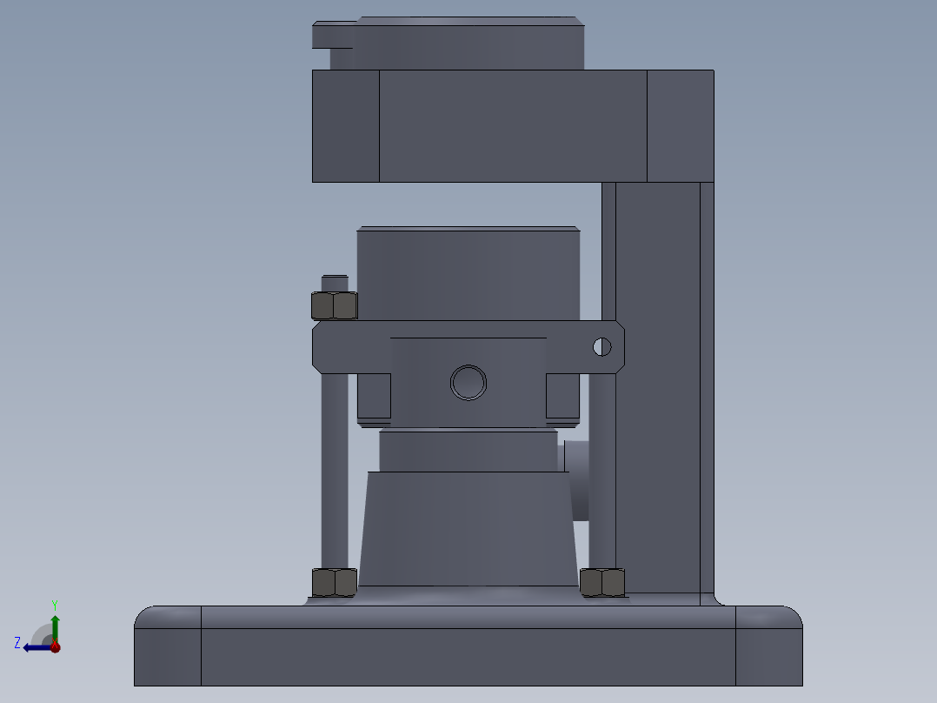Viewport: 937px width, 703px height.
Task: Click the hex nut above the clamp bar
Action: click(334, 305)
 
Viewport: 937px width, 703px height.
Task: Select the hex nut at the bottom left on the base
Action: click(334, 582)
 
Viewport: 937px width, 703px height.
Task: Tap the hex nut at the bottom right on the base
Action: click(602, 582)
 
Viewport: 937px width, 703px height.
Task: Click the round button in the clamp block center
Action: click(468, 382)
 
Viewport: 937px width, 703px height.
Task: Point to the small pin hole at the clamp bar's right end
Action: click(601, 347)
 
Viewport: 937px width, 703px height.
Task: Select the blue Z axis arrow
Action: click(35, 647)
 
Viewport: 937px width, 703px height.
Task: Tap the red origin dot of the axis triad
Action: click(55, 646)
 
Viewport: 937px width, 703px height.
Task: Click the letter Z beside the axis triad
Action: click(17, 643)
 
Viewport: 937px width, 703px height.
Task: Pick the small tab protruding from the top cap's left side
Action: click(332, 36)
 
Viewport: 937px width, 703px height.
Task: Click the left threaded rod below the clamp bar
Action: click(335, 470)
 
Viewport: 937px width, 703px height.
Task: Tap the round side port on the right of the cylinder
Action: click(578, 479)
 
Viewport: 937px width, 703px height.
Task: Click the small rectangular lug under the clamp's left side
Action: click(374, 396)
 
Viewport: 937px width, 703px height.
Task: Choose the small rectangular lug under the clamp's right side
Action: click(562, 396)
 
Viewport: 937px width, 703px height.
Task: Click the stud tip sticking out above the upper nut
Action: click(335, 283)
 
